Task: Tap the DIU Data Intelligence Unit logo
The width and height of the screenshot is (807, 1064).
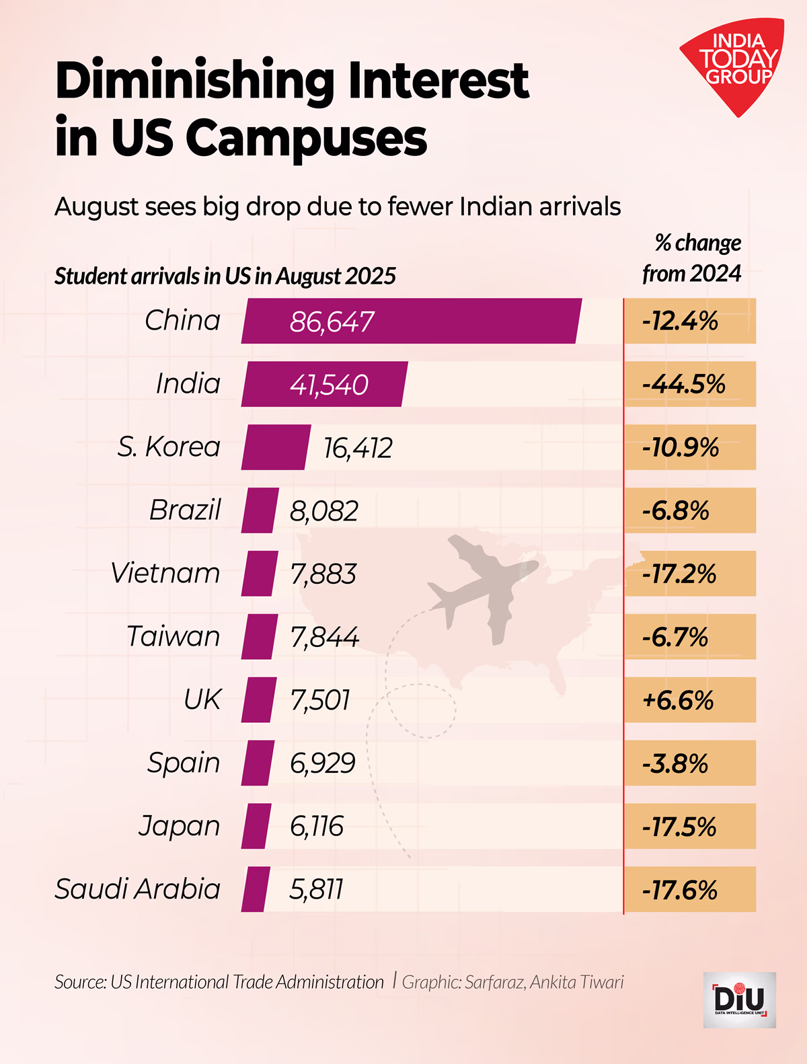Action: click(x=739, y=999)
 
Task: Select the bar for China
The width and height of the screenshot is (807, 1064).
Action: click(x=410, y=321)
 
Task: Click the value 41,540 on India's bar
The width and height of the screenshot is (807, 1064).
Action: click(x=329, y=385)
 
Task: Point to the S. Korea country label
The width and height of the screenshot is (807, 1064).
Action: click(x=169, y=447)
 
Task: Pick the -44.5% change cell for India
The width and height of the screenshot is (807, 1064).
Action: click(x=689, y=384)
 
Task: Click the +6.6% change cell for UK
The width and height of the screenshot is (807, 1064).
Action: click(x=689, y=700)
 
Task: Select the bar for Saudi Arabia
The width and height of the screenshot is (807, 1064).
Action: click(x=255, y=889)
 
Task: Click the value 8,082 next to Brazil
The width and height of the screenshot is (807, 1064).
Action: click(x=323, y=511)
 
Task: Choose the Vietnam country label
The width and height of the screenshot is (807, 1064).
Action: click(x=165, y=574)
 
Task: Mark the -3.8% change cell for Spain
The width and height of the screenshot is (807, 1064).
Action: click(x=689, y=763)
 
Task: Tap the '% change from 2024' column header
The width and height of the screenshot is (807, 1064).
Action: click(x=693, y=258)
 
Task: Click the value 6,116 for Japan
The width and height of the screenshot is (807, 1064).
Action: click(x=316, y=827)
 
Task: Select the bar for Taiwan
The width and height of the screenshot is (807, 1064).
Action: click(x=259, y=637)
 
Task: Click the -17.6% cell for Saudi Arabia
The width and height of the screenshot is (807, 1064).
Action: click(x=689, y=890)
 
